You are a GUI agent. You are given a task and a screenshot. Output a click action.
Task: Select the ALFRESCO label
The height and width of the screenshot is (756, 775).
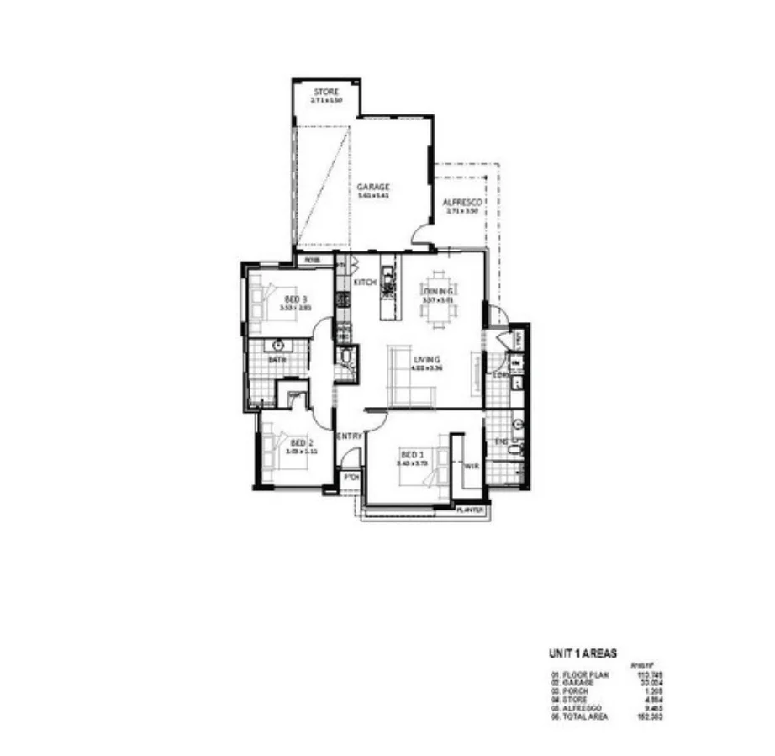(x=461, y=203)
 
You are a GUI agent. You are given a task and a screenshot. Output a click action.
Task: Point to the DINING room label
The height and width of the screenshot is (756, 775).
(x=437, y=291)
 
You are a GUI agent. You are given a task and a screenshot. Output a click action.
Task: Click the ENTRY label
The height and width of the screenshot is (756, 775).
(x=349, y=436)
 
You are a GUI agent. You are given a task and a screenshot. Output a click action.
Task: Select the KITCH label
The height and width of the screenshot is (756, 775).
(x=364, y=283)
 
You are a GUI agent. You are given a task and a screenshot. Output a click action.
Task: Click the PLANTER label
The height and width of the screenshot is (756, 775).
(x=470, y=510)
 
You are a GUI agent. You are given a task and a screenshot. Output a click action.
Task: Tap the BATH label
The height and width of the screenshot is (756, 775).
(x=277, y=360)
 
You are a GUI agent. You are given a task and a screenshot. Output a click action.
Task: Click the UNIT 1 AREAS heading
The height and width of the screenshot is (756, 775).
(x=583, y=653)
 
